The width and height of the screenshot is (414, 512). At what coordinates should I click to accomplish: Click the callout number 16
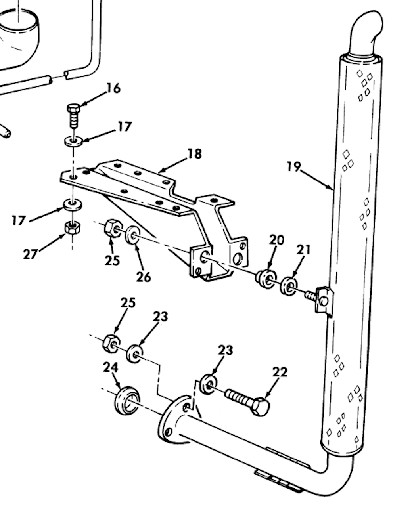pos(113,88)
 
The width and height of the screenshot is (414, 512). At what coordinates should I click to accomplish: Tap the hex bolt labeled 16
pos(74,115)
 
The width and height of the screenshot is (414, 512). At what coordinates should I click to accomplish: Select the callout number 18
pos(194,153)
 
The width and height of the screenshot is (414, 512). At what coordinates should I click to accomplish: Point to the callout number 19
pos(294,166)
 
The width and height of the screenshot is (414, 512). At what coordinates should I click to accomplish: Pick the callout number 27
pos(30,254)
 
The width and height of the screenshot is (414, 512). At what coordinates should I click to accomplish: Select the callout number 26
pos(144,277)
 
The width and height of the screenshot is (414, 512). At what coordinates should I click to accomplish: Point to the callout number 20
pos(277,240)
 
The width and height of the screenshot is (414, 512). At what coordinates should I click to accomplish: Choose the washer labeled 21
pos(289,286)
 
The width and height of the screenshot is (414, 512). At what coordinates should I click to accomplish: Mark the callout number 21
pos(303,250)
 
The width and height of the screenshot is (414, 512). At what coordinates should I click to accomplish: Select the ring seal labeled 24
pos(126,401)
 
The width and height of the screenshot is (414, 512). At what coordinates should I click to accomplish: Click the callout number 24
pos(110,368)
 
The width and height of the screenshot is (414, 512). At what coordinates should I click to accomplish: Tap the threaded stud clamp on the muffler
pos(323,299)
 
